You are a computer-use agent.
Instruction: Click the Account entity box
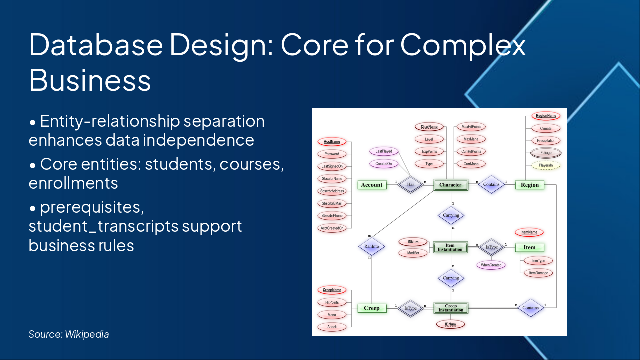pos(372,185)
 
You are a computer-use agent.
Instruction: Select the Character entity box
pos(450,185)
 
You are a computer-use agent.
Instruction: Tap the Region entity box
pos(530,185)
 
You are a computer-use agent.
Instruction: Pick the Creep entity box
pos(371,308)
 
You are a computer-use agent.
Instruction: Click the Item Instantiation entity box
pos(450,247)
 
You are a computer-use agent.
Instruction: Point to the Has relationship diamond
pos(410,185)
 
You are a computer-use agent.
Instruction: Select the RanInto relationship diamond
pos(371,246)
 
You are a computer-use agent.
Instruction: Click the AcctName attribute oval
pos(332,142)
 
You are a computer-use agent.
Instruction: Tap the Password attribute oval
pos(332,154)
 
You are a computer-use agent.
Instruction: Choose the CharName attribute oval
pos(429,127)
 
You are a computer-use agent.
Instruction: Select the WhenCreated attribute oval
pos(491,265)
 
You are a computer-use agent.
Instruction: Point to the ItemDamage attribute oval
pos(538,273)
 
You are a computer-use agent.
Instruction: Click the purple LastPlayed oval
pos(384,151)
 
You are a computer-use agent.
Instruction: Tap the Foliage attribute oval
pos(545,153)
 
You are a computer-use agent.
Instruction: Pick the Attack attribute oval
pos(332,327)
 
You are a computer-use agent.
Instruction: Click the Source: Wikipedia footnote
pos(69,334)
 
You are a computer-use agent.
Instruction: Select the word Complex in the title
pos(463,45)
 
